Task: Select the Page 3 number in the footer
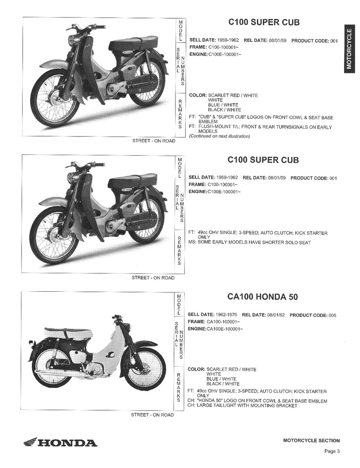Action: point(332,452)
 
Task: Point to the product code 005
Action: point(332,315)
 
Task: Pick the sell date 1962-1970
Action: point(227,315)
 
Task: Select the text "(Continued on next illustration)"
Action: point(219,136)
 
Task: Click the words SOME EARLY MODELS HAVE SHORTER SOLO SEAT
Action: point(254,243)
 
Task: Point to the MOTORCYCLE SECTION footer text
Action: point(311,441)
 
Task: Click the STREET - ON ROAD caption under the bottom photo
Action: point(153,415)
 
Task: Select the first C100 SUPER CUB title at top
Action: point(264,23)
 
